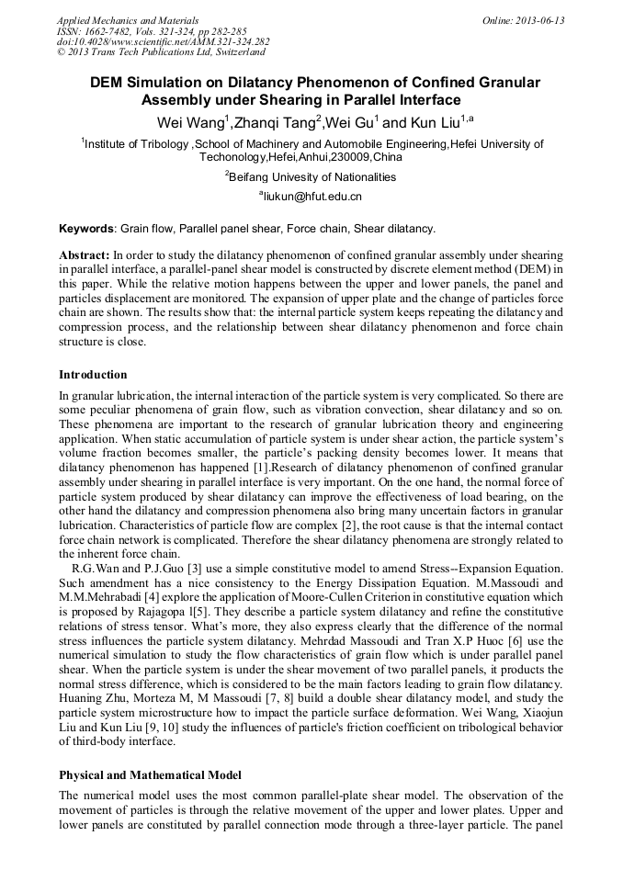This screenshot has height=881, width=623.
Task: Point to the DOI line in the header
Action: [164, 41]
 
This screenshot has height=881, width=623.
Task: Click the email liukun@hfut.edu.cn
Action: [312, 196]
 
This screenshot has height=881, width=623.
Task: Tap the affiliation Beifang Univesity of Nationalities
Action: [312, 176]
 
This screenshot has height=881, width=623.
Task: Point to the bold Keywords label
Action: [86, 228]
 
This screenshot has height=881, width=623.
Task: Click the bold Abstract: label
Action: [84, 254]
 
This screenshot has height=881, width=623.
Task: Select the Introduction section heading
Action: [93, 375]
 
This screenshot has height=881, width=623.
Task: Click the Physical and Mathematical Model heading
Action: [150, 775]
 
